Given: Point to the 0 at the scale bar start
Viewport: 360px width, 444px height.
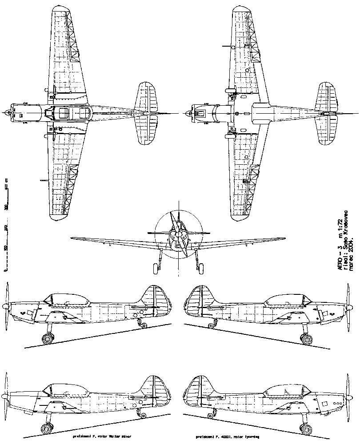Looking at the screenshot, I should point(6,269).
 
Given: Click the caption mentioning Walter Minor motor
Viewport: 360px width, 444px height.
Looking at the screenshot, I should point(102,437).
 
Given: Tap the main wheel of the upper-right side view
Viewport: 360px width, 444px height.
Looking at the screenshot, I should point(306,338).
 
